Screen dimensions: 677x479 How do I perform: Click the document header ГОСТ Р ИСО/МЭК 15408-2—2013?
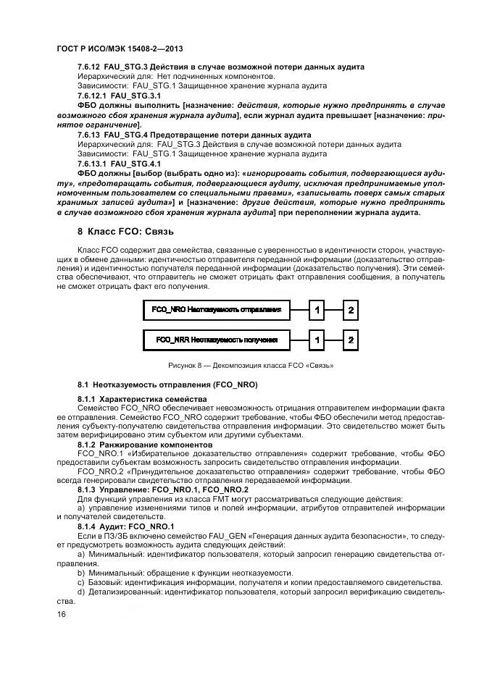(119, 49)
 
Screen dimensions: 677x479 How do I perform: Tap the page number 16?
(61, 614)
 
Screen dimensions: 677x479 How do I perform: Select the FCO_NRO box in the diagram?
(216, 310)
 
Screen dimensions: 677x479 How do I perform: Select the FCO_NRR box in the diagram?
(216, 340)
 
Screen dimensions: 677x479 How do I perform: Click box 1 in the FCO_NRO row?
(317, 310)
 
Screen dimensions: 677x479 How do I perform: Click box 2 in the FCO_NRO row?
(351, 310)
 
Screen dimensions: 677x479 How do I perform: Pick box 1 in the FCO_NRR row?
(317, 340)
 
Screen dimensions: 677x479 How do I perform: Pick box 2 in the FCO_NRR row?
(351, 340)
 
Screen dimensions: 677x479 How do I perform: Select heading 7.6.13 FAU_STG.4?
(193, 135)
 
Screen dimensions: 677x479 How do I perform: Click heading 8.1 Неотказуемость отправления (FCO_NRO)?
(167, 384)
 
